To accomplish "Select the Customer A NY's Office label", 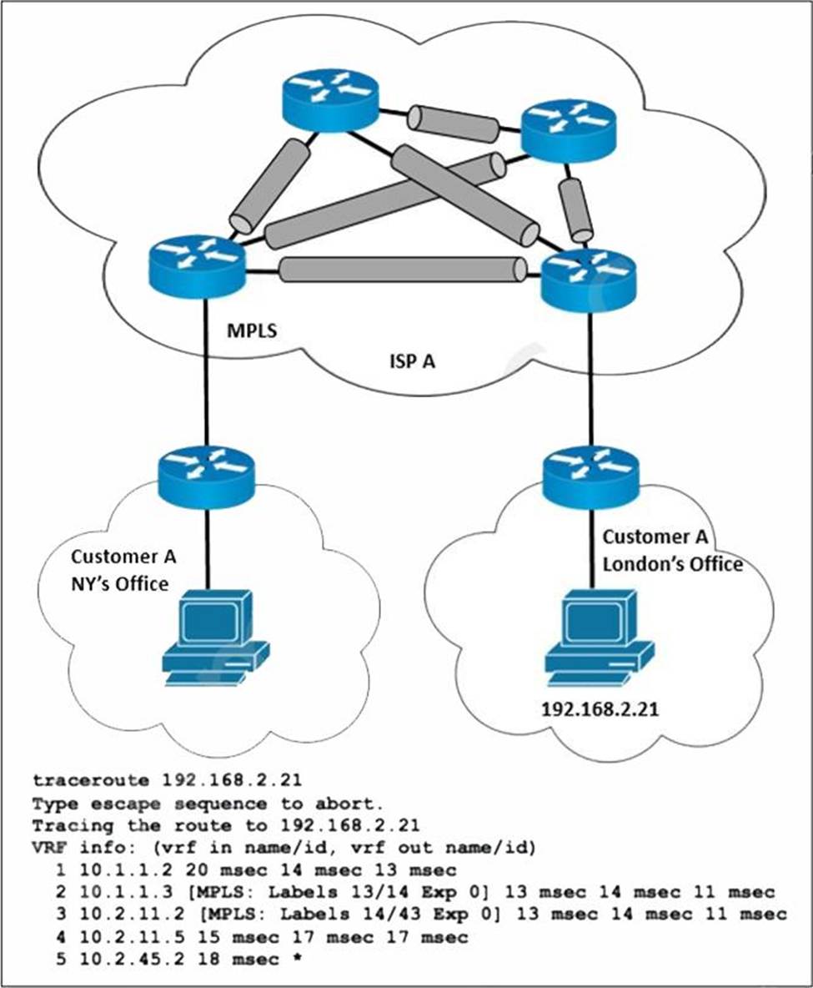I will (x=123, y=570).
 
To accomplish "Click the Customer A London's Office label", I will (x=672, y=551).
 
